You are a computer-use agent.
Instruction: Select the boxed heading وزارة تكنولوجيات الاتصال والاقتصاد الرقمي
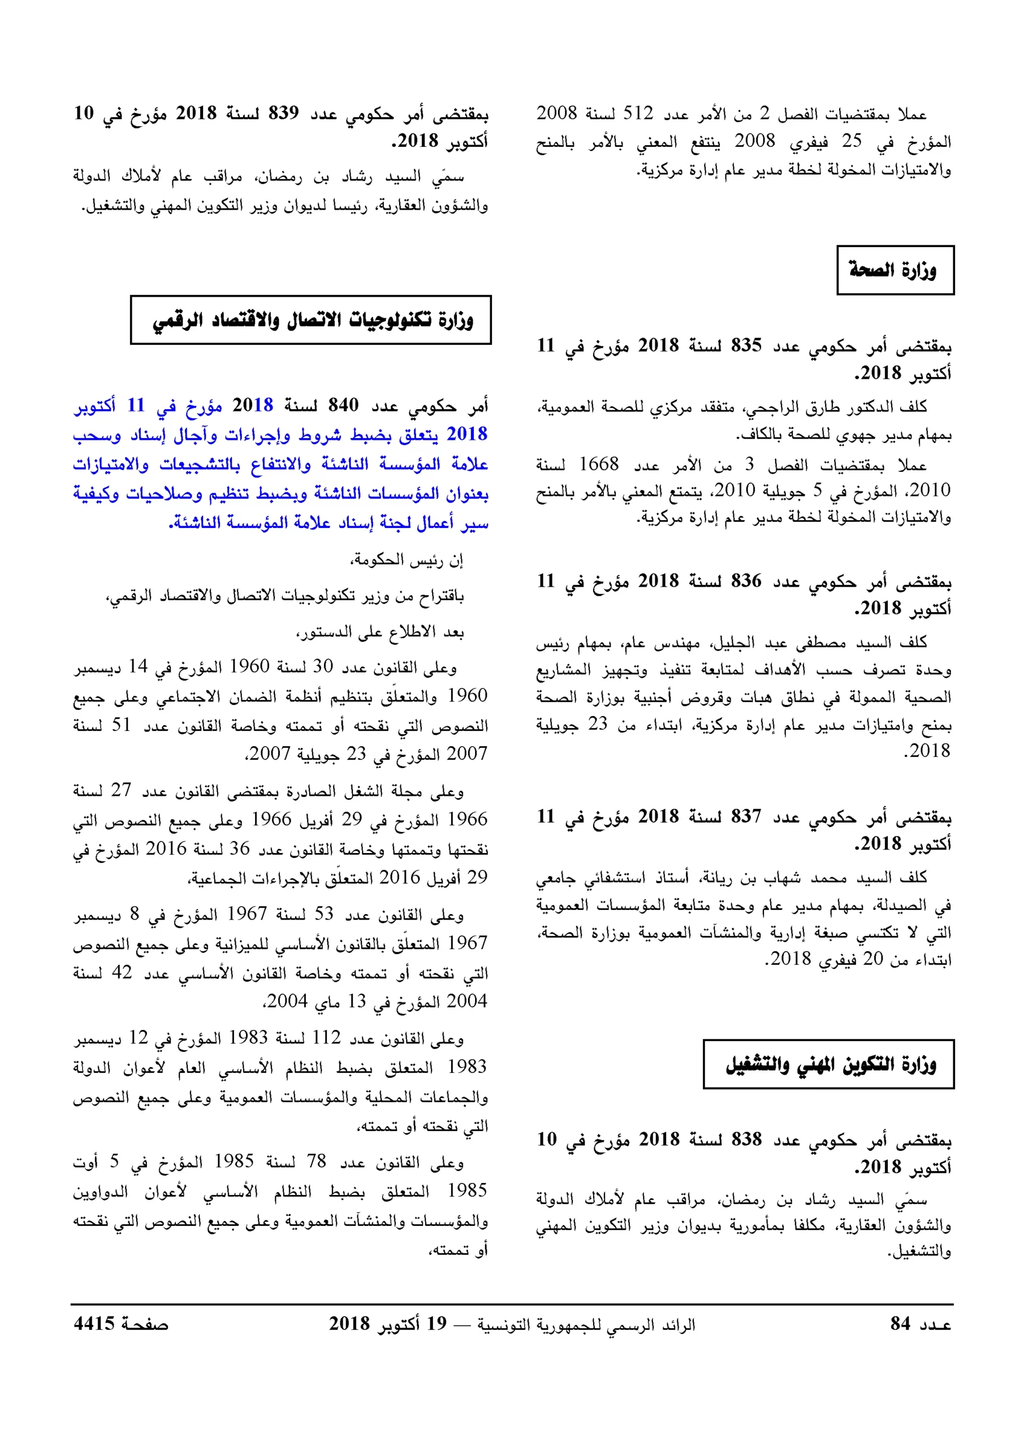pyautogui.click(x=311, y=320)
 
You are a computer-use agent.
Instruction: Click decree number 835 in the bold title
pyautogui.click(x=746, y=345)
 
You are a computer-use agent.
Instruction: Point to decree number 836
pyautogui.click(x=746, y=580)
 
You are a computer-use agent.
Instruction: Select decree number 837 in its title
pyautogui.click(x=746, y=816)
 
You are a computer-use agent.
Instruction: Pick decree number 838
pyautogui.click(x=746, y=1140)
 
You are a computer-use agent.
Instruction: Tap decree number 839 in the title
pyautogui.click(x=284, y=114)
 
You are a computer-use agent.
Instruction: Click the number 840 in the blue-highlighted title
pyautogui.click(x=343, y=405)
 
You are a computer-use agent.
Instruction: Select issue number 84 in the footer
pyautogui.click(x=900, y=1323)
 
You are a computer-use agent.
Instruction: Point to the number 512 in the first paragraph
pyautogui.click(x=638, y=114)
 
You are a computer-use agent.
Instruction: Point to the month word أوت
pyautogui.click(x=87, y=1161)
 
